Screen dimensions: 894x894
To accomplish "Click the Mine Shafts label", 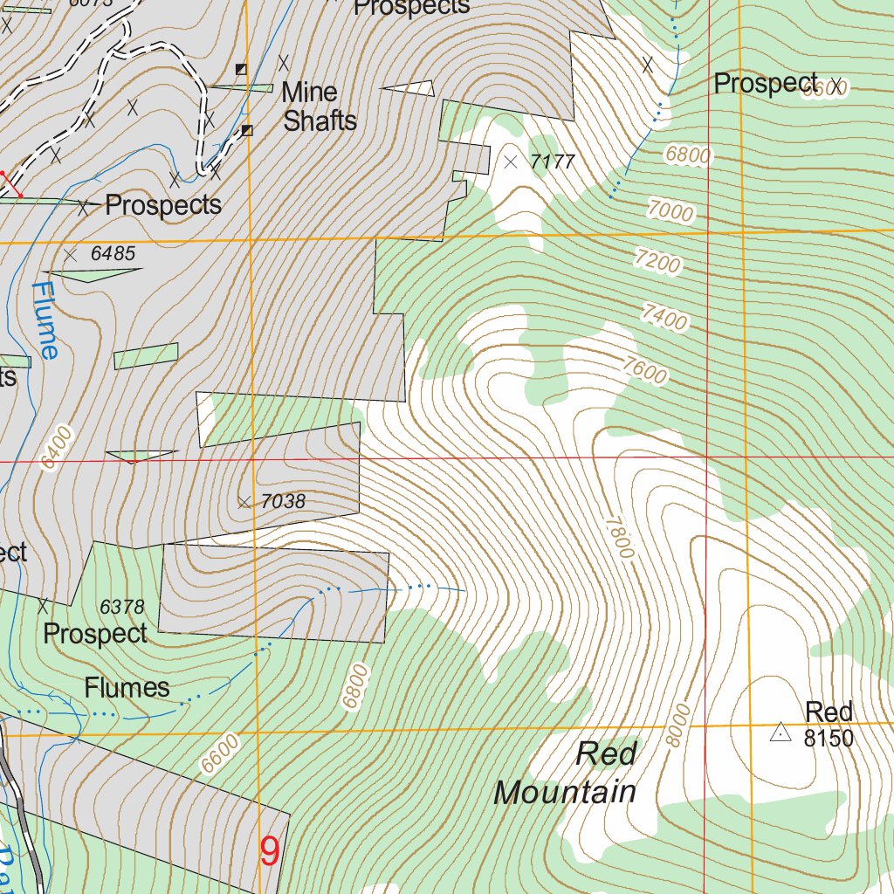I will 320,106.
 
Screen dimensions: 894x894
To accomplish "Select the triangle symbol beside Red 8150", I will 780,733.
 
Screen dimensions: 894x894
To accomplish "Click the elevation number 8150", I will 828,739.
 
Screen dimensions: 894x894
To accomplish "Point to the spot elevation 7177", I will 554,162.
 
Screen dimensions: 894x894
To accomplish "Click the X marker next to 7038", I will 244,501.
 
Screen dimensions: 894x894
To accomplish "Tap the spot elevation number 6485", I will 113,254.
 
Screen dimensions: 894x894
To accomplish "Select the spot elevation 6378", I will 121,606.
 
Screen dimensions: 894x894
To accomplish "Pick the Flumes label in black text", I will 127,688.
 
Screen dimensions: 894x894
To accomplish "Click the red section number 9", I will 271,849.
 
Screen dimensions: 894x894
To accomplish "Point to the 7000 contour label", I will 670,210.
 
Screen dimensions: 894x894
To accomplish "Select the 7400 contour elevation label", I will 664,316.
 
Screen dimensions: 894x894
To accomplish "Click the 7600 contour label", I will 645,371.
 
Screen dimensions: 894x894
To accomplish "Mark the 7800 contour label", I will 619,537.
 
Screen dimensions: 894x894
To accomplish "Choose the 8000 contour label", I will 677,724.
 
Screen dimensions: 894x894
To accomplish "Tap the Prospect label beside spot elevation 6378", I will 95,633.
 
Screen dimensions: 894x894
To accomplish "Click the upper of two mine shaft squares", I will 242,69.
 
